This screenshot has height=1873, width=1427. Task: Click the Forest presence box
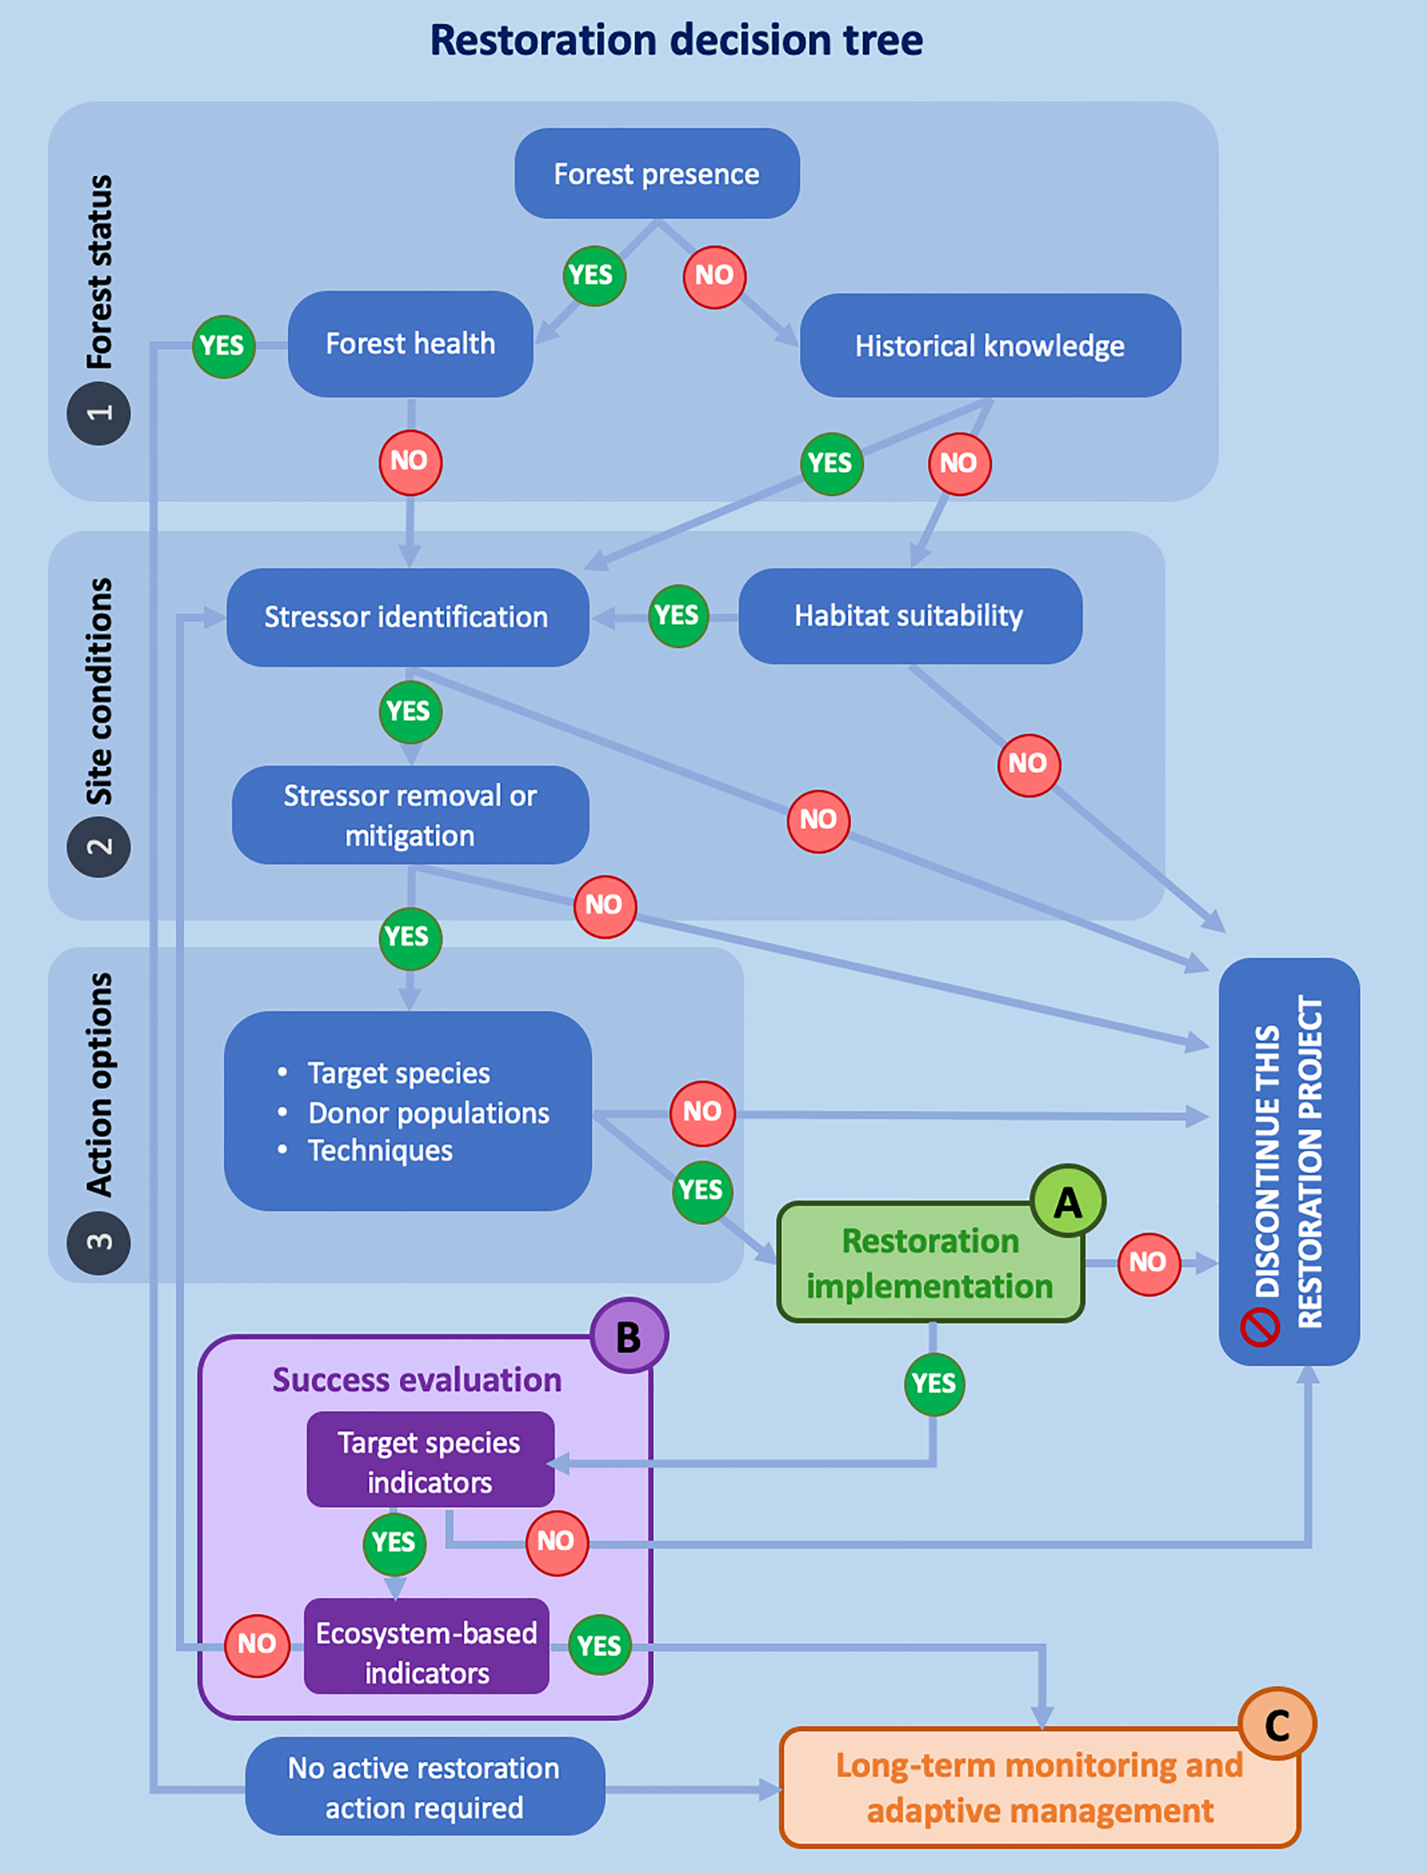[x=657, y=173]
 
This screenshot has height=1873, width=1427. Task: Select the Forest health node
[x=410, y=344]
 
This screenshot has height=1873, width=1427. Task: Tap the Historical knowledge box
[x=990, y=345]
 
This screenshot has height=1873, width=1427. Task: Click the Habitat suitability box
[x=909, y=616]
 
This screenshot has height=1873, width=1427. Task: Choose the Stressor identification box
[x=407, y=617]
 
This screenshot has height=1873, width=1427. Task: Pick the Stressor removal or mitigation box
[x=410, y=815]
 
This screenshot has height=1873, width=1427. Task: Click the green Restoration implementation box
[x=930, y=1263]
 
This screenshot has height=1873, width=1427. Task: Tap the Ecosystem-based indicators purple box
[x=426, y=1652]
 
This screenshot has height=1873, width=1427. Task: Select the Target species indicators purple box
[x=430, y=1462]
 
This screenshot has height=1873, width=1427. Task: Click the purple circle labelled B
[x=628, y=1337]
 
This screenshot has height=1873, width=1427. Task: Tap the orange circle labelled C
[x=1276, y=1725]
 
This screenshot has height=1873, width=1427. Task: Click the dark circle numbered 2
[x=100, y=846]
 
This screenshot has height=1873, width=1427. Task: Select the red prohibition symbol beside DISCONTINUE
[x=1260, y=1327]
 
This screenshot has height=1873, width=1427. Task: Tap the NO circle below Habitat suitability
[x=1028, y=764]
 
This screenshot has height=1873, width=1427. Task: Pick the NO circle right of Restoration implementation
[x=1148, y=1263]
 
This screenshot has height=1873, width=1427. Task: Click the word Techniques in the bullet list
[x=380, y=1151]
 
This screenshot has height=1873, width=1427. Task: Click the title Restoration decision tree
[x=676, y=40]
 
